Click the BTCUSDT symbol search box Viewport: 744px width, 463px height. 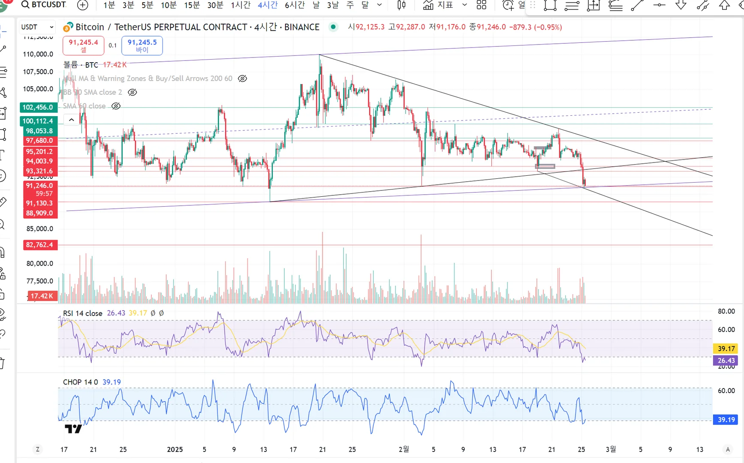[x=44, y=5]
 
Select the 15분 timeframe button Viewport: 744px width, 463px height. [x=192, y=5]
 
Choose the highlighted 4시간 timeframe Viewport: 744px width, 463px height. [x=268, y=5]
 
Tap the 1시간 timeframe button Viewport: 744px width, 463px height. [x=240, y=5]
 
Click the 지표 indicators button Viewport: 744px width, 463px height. [x=438, y=5]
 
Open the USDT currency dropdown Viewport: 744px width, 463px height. [x=37, y=27]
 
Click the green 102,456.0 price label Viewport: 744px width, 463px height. [x=38, y=107]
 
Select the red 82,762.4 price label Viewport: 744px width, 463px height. [x=40, y=245]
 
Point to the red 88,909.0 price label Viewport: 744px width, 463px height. [x=40, y=213]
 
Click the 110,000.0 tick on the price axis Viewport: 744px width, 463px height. [x=38, y=54]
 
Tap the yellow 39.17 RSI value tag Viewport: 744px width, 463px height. [x=726, y=349]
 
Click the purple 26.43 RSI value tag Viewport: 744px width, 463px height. [x=726, y=361]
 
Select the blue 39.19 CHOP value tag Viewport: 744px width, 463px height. [x=726, y=420]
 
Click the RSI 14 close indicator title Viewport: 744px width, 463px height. [x=82, y=313]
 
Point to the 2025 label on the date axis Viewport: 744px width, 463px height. [x=175, y=449]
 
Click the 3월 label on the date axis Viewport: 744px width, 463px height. [x=611, y=449]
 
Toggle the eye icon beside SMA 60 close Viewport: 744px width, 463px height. [x=116, y=106]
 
